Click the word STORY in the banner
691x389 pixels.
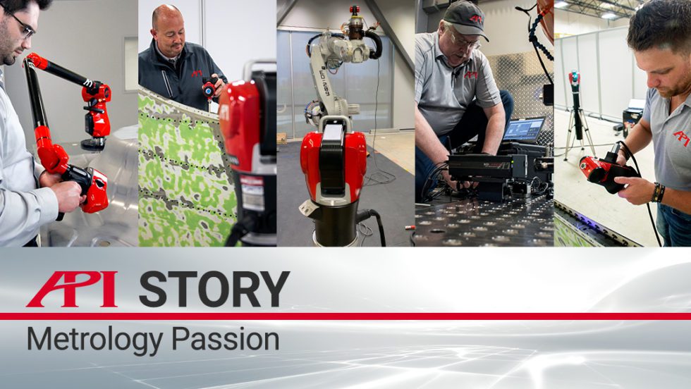point(214,289)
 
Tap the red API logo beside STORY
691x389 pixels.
point(72,289)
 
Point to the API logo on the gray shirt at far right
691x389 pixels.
point(680,138)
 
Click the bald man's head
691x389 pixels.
point(170,21)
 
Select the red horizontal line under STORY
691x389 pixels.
point(345,316)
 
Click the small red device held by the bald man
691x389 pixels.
point(209,89)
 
